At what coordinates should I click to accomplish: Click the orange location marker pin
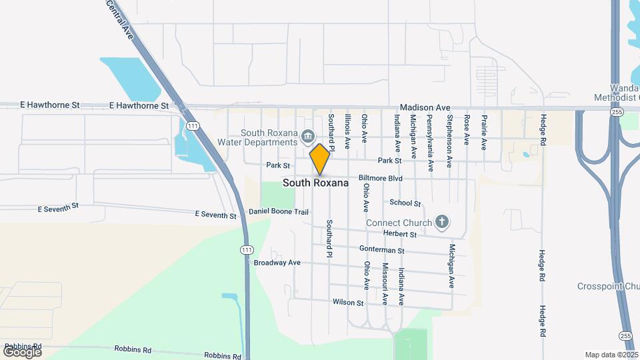(319, 158)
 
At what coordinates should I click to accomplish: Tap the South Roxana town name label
(315, 183)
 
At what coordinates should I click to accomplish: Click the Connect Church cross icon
(441, 221)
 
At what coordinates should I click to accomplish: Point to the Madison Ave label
(425, 107)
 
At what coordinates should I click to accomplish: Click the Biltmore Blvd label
(381, 179)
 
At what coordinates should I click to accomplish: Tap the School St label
(405, 203)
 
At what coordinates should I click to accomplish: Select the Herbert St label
(400, 234)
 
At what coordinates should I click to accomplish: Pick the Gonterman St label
(382, 250)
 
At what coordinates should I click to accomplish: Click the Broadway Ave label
(277, 263)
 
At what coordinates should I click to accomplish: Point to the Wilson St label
(348, 302)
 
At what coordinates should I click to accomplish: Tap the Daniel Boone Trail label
(279, 212)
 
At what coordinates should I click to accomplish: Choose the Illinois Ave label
(347, 130)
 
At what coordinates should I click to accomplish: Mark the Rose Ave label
(467, 130)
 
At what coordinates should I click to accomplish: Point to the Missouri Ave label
(385, 284)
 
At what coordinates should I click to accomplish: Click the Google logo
(22, 351)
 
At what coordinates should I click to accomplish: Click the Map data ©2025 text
(611, 355)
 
